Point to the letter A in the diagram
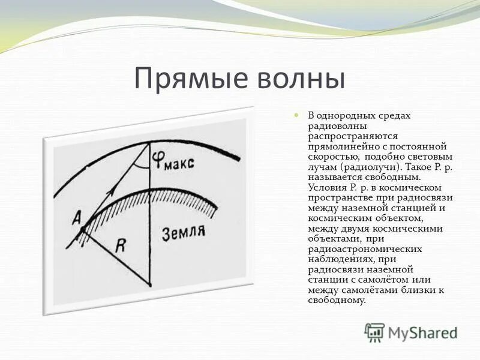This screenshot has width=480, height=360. [77, 220]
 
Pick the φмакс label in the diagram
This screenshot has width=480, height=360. [173, 161]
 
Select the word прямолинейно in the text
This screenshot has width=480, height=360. [341, 146]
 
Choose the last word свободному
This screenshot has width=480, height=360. [335, 300]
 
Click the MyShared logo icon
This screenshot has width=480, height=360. [374, 331]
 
